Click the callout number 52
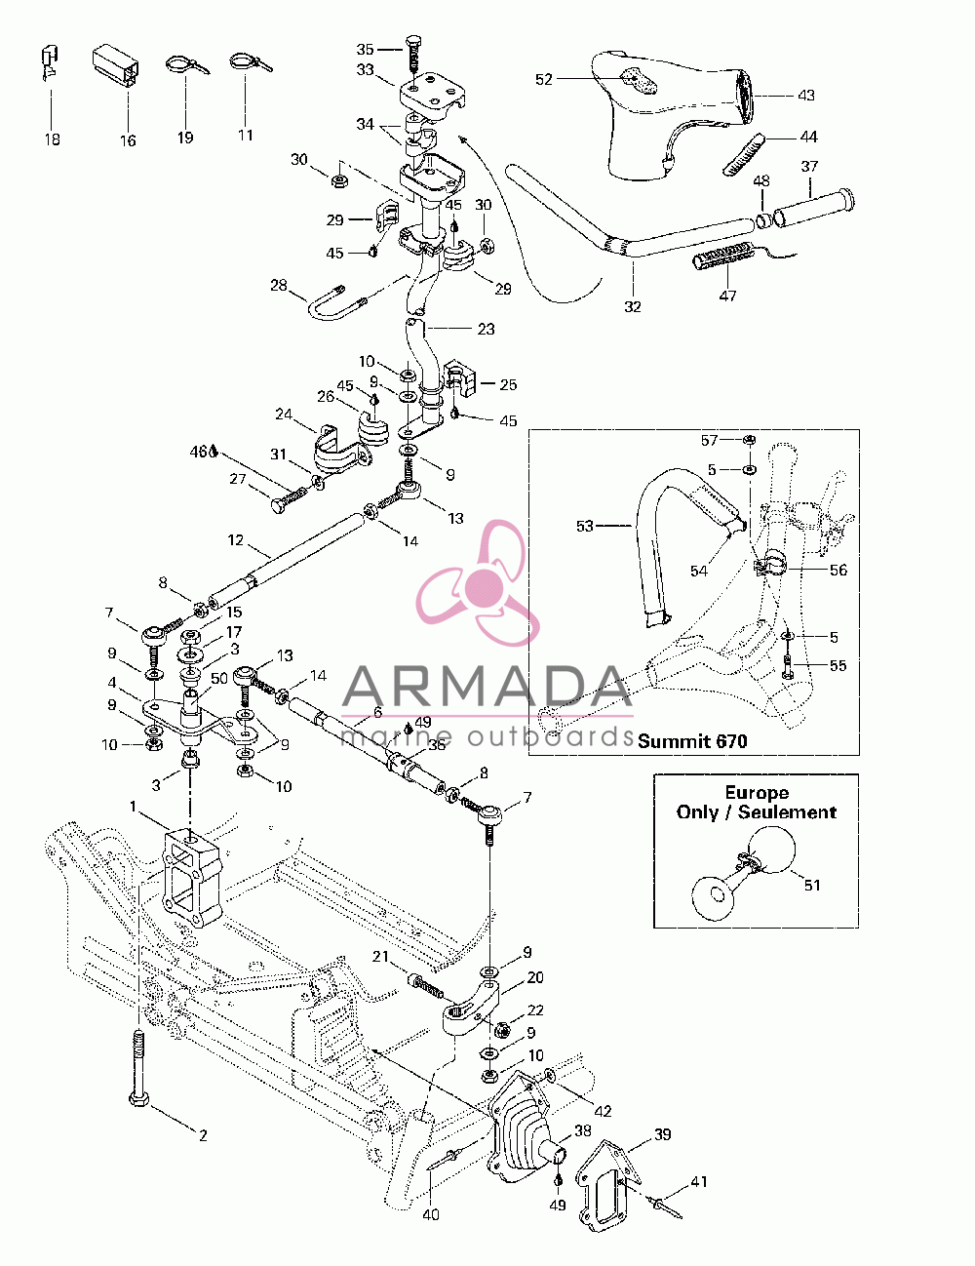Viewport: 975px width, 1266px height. pos(543,79)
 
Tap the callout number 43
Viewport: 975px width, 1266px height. pos(805,95)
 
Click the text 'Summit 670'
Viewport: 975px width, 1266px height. pos(692,741)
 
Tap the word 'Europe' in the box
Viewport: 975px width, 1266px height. pos(757,792)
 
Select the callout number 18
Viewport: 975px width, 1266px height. pos(53,139)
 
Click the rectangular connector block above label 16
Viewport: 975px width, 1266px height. pos(115,64)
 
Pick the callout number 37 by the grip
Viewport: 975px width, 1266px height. pos(809,167)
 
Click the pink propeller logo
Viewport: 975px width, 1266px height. pos(479,583)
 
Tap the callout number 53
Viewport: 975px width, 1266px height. pos(584,526)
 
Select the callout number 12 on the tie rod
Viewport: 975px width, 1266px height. pos(235,540)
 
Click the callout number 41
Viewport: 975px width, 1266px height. pos(698,1181)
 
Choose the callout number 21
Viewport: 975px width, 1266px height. pos(380,957)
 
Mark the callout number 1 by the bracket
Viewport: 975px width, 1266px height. pos(133,807)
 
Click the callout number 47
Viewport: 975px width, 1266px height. pos(727,296)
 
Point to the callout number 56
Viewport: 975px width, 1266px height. pos(838,570)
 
